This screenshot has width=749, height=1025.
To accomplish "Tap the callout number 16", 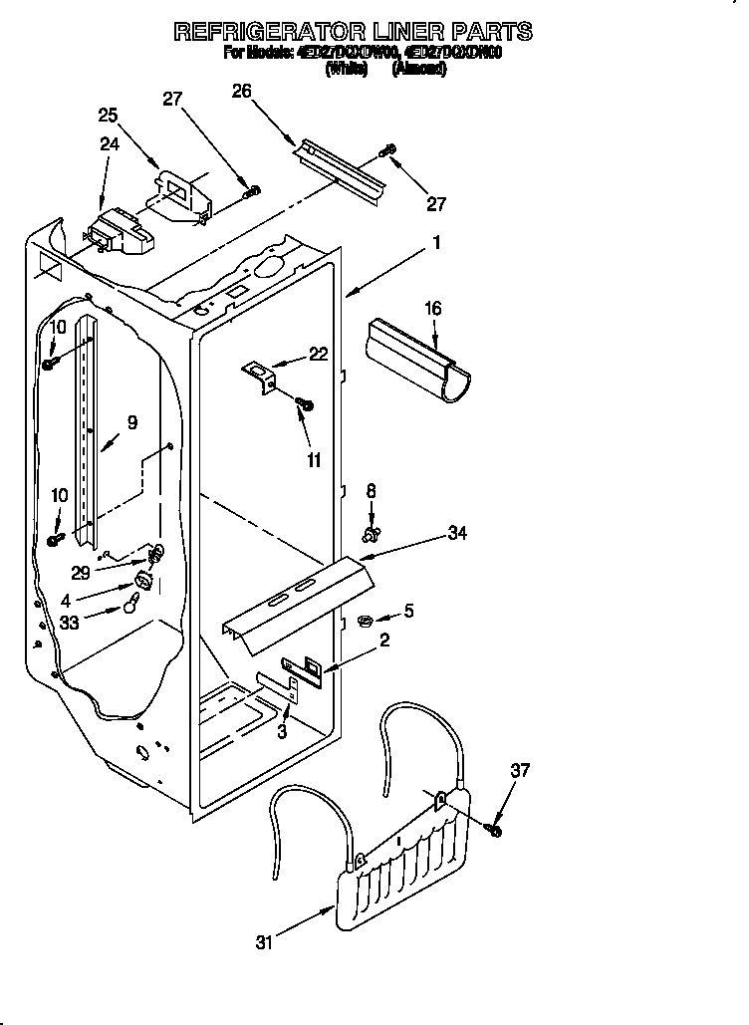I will click(432, 310).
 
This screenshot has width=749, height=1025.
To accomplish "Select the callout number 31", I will click(263, 942).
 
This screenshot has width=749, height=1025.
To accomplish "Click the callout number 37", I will click(520, 769).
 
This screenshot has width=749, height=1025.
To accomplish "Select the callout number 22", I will click(318, 354).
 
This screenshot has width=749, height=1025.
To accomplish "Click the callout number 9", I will click(131, 422).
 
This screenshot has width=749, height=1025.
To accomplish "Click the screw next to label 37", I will click(494, 829).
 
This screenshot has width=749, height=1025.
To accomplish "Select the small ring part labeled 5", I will click(365, 623).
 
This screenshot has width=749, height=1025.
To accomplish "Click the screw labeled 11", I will click(307, 403).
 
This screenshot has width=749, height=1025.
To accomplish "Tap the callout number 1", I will click(435, 242).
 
